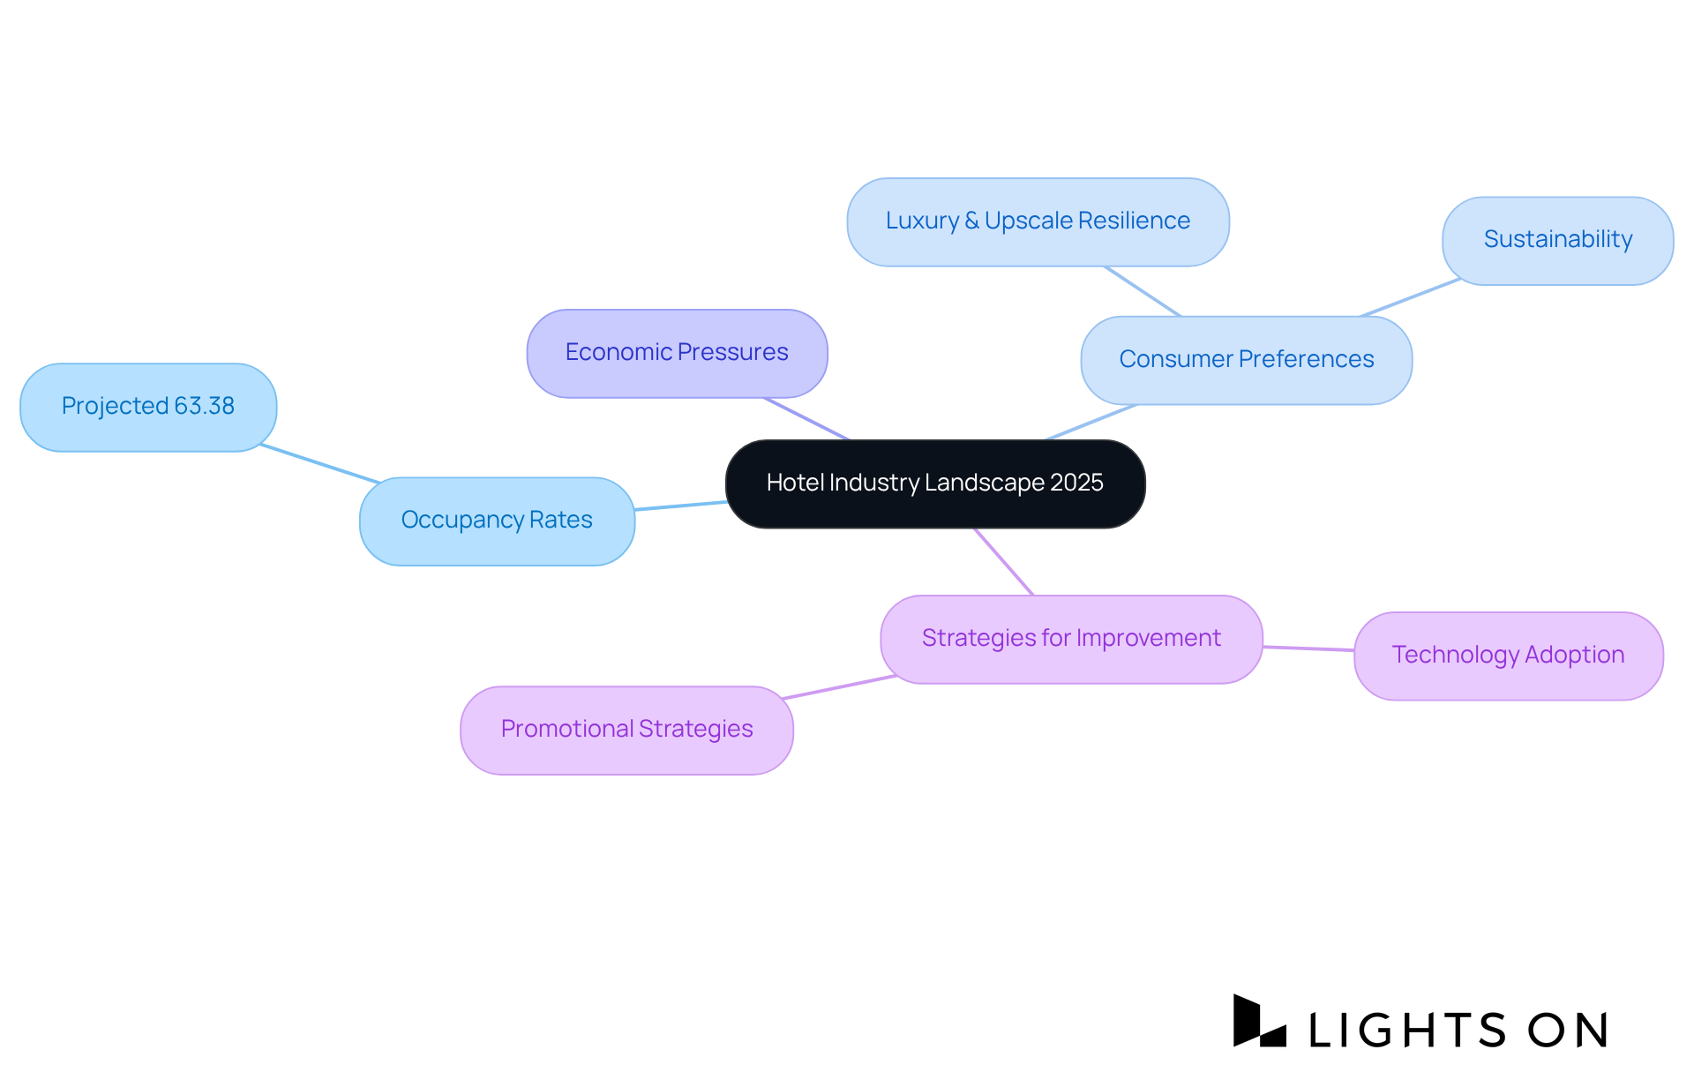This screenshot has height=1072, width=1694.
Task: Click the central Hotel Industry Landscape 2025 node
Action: [934, 484]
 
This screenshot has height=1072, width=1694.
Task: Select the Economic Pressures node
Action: [677, 353]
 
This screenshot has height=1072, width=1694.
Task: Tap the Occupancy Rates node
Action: [497, 521]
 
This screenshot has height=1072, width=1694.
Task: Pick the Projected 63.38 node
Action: [148, 407]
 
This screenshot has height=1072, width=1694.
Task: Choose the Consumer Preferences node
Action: [1246, 360]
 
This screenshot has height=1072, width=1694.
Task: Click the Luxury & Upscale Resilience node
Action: [1038, 221]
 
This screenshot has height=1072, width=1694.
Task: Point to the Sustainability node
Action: [1557, 240]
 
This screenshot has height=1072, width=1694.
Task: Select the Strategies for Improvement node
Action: [1071, 639]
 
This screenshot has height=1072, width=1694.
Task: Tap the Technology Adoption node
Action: [1508, 656]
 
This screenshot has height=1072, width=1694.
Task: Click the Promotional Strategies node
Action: [626, 730]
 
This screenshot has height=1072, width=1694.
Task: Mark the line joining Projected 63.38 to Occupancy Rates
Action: [320, 464]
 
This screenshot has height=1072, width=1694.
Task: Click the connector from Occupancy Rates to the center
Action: [680, 506]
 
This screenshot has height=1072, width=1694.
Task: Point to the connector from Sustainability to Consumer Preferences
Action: [1410, 298]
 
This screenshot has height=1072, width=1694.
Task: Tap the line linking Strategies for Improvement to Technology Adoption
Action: [1308, 648]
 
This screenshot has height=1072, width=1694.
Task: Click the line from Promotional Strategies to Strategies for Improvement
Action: [839, 687]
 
